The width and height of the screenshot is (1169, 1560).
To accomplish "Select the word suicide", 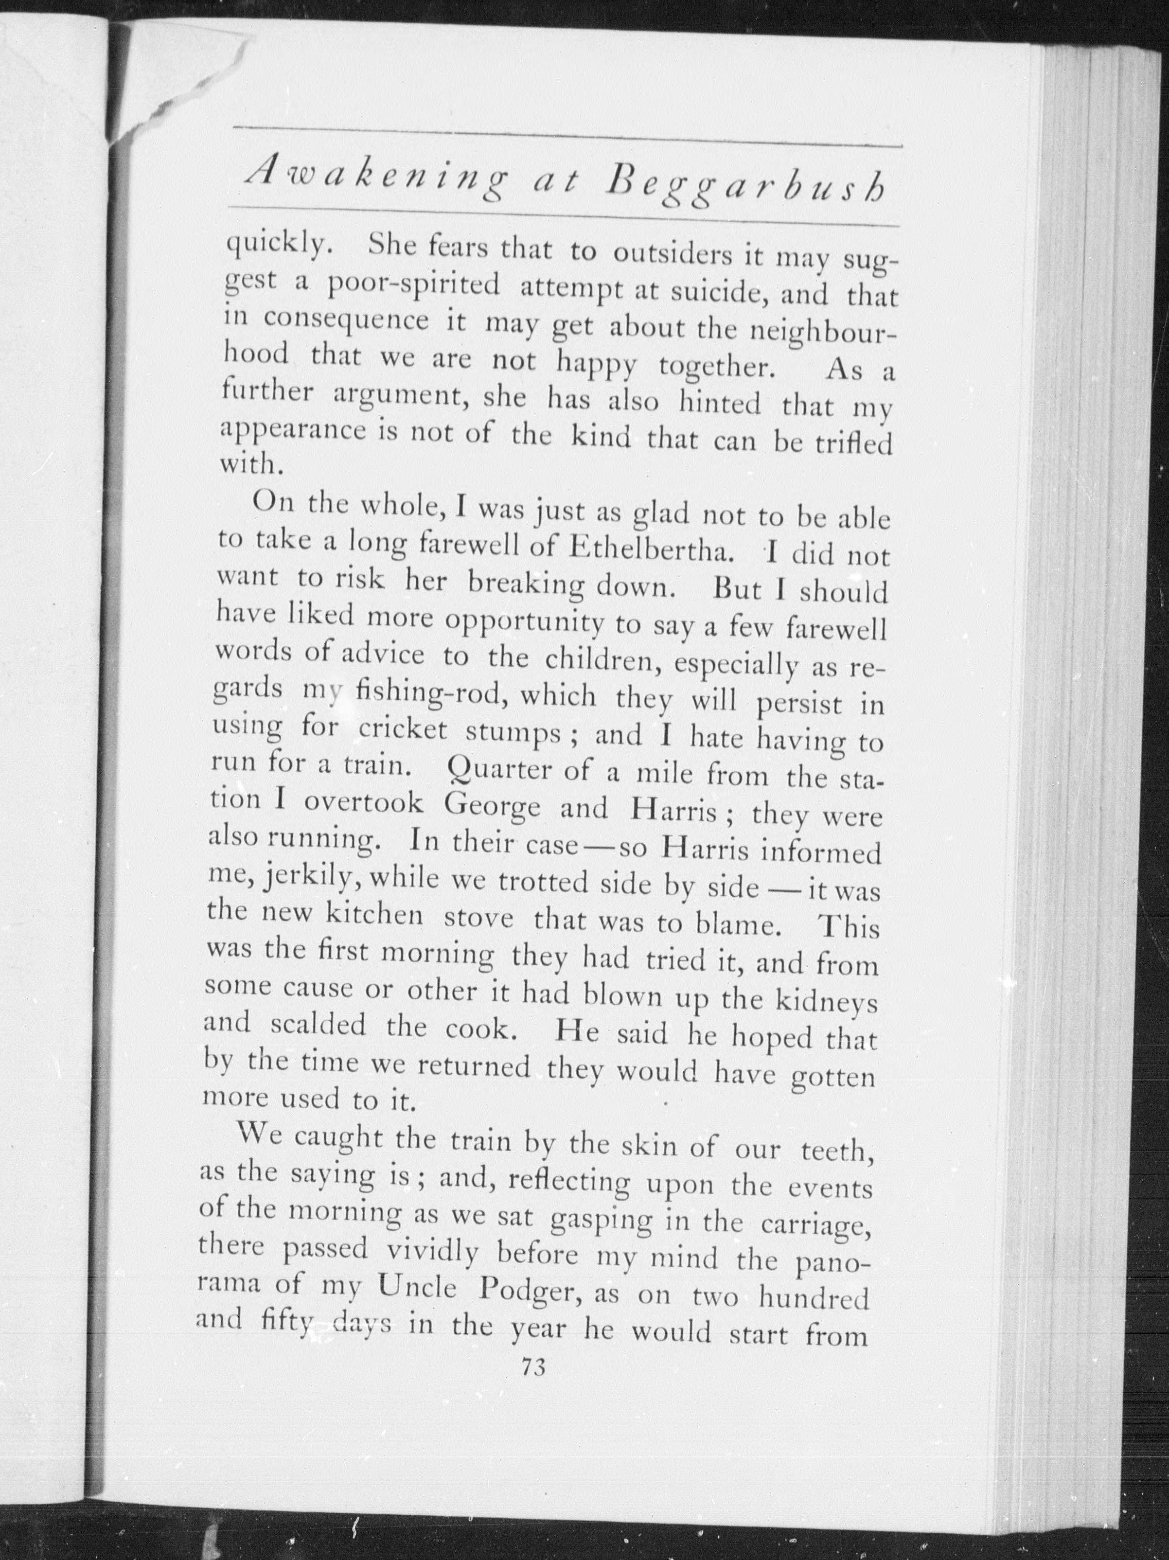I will click(x=718, y=290).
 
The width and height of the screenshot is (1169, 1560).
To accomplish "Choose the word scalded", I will click(x=318, y=1025).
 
